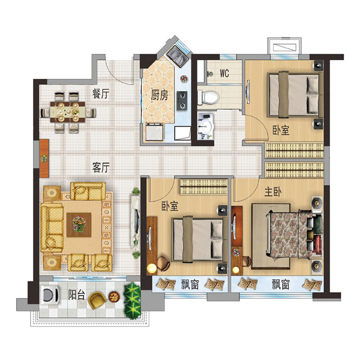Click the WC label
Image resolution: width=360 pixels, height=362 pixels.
tap(225, 73)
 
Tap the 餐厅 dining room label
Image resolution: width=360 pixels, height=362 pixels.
tap(101, 94)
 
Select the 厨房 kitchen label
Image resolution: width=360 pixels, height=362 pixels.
tap(159, 95)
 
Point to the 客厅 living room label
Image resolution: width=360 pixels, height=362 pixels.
tap(101, 168)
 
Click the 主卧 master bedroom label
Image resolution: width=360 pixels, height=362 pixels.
tap(273, 192)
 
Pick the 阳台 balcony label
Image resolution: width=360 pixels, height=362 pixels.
tap(77, 295)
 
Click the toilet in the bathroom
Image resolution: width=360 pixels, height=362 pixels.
tap(208, 97)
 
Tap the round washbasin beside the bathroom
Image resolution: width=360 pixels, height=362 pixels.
tap(207, 126)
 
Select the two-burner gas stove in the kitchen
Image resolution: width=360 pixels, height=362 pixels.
tap(182, 101)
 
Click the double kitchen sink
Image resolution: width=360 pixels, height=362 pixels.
tap(177, 57)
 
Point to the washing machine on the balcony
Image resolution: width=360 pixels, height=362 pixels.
tap(49, 295)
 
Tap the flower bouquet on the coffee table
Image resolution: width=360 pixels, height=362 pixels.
tap(79, 224)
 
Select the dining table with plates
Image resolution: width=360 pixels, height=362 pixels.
tap(68, 112)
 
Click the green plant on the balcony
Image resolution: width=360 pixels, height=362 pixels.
tap(132, 301)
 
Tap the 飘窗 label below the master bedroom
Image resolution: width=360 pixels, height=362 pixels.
tap(281, 285)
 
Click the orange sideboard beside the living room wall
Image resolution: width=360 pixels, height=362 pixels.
tap(44, 158)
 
